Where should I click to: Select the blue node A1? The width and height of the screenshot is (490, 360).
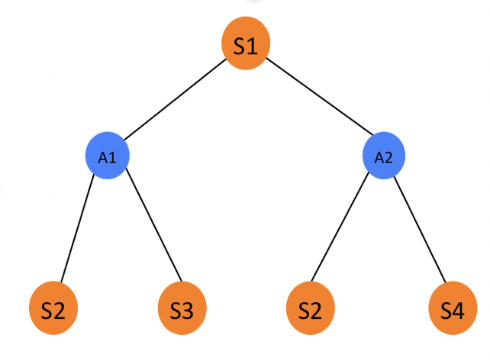pyautogui.click(x=107, y=156)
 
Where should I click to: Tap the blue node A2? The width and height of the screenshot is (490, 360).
pyautogui.click(x=383, y=156)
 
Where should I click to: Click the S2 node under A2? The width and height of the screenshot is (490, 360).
pyautogui.click(x=310, y=311)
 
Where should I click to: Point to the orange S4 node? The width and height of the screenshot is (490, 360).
pyautogui.click(x=451, y=311)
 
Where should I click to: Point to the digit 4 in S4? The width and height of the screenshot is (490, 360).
pyautogui.click(x=459, y=311)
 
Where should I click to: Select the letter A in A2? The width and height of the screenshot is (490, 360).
pyautogui.click(x=379, y=158)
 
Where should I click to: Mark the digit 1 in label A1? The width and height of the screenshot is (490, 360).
pyautogui.click(x=111, y=158)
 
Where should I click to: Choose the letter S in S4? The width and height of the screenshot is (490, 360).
pyautogui.click(x=445, y=311)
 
